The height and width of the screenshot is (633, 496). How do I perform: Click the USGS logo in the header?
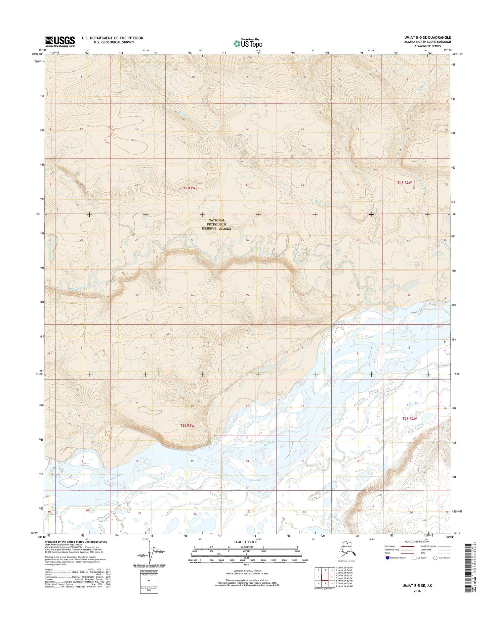pos(60,41)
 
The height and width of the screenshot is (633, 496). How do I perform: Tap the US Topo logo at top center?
pos(248,43)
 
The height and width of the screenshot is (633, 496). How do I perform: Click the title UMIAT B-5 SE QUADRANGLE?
pos(425,37)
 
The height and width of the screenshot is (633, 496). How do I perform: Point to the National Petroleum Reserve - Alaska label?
pos(217,224)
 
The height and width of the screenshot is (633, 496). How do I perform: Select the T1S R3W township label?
pos(188,188)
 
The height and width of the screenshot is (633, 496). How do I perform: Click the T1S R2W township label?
pos(405,183)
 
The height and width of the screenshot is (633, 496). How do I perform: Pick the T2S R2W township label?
pos(409,419)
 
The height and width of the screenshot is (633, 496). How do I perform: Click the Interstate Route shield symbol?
pos(387,558)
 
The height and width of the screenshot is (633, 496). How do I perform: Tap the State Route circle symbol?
pos(435,558)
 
